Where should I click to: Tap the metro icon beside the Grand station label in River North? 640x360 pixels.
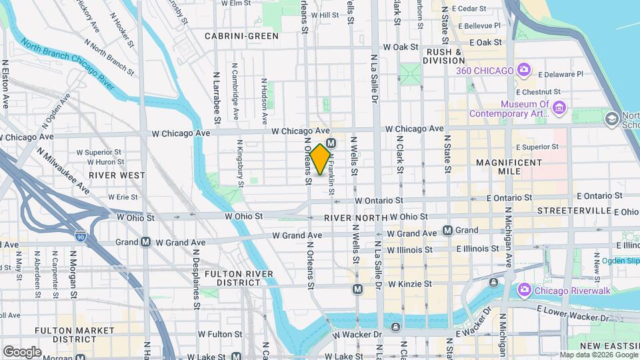(447, 230)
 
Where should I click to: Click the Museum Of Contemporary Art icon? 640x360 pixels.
(559, 108)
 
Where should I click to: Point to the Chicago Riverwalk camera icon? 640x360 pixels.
(524, 289)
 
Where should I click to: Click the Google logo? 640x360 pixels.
(22, 351)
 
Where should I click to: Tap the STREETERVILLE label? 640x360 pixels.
(574, 211)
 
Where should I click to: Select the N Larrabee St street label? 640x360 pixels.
(217, 98)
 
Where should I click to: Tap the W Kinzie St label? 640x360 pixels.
(400, 284)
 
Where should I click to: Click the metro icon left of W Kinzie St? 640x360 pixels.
(358, 289)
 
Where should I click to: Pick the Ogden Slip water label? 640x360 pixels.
(619, 261)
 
